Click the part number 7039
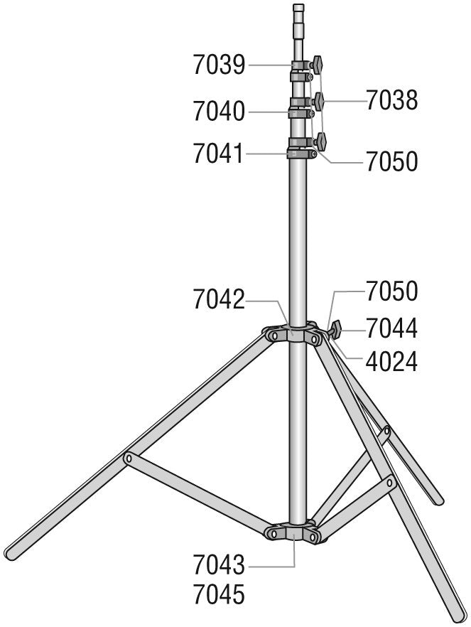[219, 65]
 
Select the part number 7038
[392, 100]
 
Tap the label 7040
[219, 111]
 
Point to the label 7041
[219, 154]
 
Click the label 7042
[219, 299]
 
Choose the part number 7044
[392, 328]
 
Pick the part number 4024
[392, 361]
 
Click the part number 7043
[219, 565]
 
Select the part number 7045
[219, 594]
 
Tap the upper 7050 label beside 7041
[392, 162]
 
